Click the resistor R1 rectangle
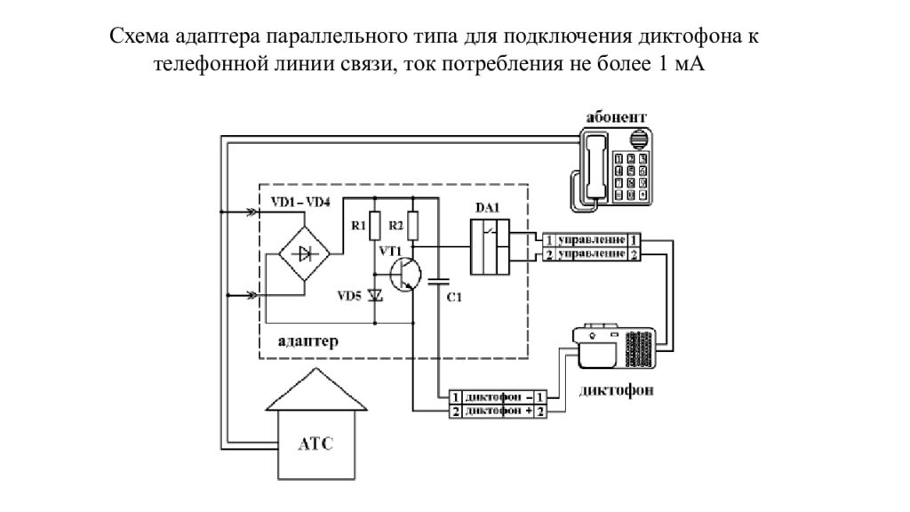375,226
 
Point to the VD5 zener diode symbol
375,294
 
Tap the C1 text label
452,299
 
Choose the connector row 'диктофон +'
497,412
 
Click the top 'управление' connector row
592,240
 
